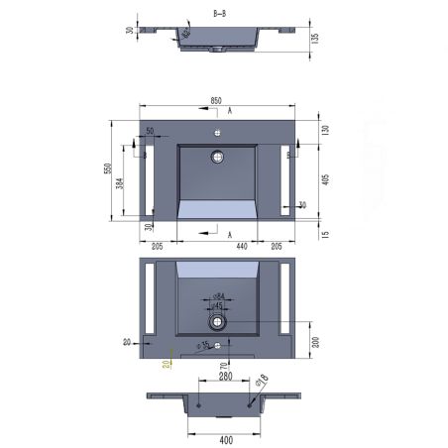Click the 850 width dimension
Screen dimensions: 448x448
(216, 99)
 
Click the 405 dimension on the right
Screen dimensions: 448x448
(325, 180)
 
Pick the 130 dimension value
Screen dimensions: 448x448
(325, 131)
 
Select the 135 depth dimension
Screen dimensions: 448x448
(313, 40)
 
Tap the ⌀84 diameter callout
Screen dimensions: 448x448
(220, 295)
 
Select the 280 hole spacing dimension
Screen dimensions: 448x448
(225, 377)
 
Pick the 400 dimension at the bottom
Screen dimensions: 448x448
(225, 438)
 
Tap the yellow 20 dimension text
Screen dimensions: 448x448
(167, 363)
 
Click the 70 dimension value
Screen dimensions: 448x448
(223, 366)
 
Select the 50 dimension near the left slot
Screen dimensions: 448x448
(150, 131)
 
